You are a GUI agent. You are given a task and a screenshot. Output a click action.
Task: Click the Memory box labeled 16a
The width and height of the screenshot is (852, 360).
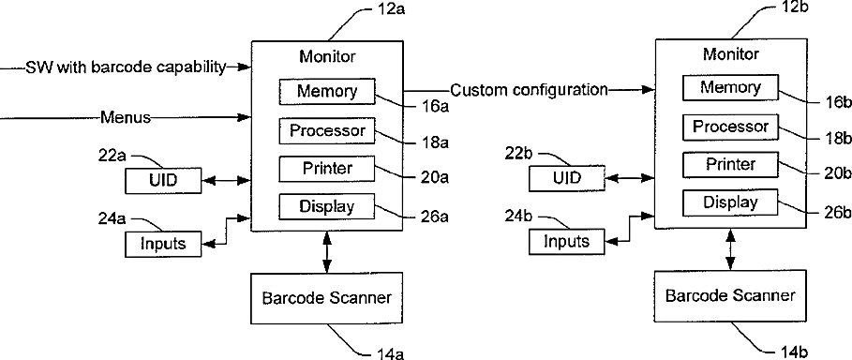tap(327, 91)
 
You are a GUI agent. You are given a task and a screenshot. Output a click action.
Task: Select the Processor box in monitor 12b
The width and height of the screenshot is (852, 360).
tap(730, 127)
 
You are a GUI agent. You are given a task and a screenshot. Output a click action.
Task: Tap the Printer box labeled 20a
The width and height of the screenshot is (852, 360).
tap(327, 169)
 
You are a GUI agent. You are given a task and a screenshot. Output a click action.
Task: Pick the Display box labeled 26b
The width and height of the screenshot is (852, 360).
tap(730, 202)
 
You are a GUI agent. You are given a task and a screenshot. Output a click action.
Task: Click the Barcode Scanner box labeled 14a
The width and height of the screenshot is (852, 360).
tap(326, 298)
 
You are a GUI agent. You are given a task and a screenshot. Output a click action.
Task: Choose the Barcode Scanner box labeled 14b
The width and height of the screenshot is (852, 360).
tap(730, 296)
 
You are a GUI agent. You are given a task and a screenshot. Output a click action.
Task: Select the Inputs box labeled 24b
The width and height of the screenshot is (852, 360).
tap(567, 241)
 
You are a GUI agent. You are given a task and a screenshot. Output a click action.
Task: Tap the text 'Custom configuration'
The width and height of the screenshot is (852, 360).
tap(529, 90)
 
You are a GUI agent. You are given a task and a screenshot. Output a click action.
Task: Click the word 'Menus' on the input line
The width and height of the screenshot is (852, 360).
tap(126, 116)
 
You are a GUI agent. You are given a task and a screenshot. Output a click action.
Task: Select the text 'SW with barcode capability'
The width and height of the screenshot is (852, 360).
tap(125, 67)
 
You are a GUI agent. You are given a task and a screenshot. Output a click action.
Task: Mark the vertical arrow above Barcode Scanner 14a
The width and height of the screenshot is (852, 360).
tap(326, 252)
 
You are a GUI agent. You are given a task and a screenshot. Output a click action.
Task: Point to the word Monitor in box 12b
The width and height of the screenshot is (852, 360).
tap(731, 54)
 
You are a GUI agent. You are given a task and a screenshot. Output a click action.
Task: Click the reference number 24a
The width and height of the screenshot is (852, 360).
tap(112, 218)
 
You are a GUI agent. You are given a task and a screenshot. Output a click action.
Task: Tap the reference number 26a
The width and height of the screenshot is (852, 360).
tap(434, 217)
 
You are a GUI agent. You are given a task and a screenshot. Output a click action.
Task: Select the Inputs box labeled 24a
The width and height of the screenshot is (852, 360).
tap(163, 243)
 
